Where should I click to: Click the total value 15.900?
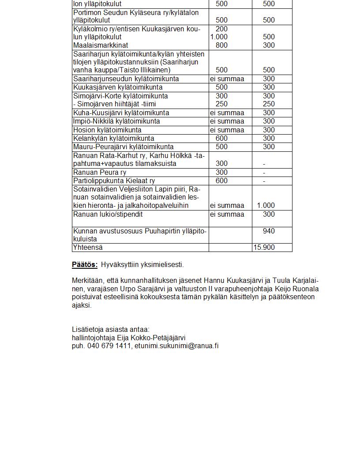[x=263, y=248]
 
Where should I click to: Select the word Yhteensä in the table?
[x=88, y=248]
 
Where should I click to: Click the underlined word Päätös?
[x=84, y=265]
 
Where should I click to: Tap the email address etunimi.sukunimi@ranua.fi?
[x=176, y=346]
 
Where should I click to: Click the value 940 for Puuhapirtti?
[x=268, y=231]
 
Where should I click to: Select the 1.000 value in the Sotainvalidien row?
[x=266, y=206]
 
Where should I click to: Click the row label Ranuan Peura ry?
[x=99, y=173]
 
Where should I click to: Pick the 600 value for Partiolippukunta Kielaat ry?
[x=221, y=181]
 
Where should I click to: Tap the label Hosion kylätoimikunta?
[x=107, y=130]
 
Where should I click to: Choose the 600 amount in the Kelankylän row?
[x=221, y=139]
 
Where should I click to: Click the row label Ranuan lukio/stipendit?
[x=108, y=214]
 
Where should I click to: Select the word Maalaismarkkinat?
[x=101, y=45]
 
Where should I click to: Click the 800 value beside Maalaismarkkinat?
[x=221, y=45]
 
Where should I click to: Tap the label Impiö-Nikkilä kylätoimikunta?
[x=116, y=121]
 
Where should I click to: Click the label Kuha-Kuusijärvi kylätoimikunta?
[x=121, y=113]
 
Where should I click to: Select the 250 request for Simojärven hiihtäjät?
[x=221, y=104]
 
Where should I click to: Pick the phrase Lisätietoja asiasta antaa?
[x=111, y=330]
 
